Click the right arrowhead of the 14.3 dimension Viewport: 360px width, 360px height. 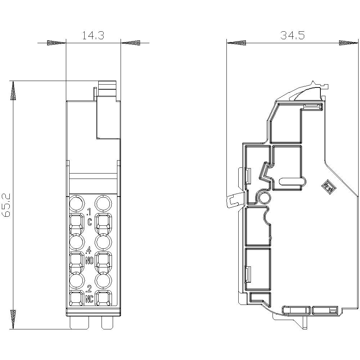tap(131, 43)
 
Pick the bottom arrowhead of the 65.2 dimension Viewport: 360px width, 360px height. tap(13, 319)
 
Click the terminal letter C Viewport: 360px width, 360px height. tap(90, 221)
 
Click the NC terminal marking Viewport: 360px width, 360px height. tap(90, 299)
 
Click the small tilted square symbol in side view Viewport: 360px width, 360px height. tap(328, 187)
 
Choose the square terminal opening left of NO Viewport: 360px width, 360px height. tap(76, 261)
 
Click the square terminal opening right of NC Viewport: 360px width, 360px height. tap(104, 299)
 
